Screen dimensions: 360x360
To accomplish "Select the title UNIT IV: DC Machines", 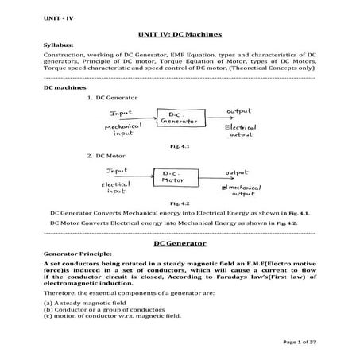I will [x=179, y=36].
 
